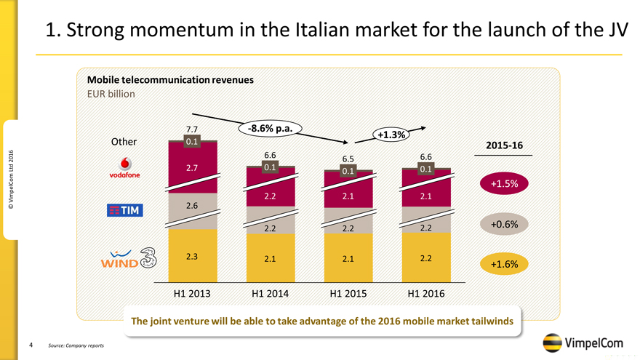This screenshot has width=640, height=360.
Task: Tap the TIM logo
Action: pos(125,210)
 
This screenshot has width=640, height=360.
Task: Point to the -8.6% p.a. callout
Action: pos(270,129)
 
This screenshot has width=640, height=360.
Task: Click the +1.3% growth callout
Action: pos(391,135)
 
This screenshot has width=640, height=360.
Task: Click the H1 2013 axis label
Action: pos(192,295)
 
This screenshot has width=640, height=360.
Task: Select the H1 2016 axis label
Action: pos(426,295)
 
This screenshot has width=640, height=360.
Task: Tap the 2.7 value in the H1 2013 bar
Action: pos(192,168)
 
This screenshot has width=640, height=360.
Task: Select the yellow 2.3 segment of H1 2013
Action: pos(192,256)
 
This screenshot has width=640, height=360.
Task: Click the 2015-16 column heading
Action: pos(503,145)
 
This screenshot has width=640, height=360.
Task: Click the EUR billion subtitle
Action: pos(111,93)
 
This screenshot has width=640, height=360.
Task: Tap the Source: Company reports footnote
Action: pos(76,345)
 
